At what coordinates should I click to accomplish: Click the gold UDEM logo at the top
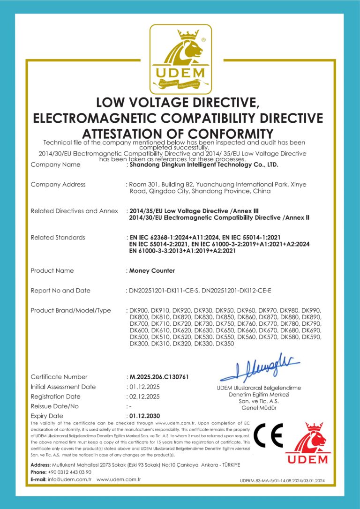pos(180,59)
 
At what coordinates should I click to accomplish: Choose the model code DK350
pos(225,344)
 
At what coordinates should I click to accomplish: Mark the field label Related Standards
pos(58,238)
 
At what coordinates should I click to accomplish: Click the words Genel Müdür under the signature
pos(259,408)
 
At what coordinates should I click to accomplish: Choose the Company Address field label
pos(58,185)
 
